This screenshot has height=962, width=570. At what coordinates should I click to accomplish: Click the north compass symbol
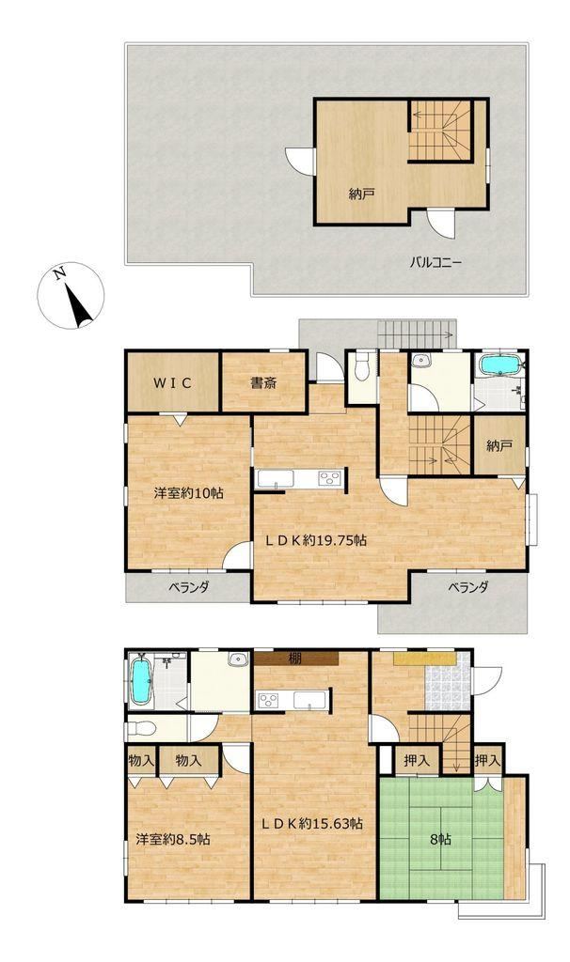71,296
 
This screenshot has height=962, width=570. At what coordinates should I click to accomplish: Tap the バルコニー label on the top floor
436,264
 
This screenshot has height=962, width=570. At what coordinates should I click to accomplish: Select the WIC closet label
172,383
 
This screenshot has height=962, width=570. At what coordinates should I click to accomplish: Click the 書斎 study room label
263,383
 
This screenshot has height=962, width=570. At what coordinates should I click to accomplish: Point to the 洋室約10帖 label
188,492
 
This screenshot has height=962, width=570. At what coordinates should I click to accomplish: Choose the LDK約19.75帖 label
316,540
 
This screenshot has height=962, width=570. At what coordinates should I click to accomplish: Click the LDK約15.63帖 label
311,823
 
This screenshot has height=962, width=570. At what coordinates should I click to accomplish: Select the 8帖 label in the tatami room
440,840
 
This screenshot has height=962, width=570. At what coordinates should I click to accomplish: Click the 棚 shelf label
295,659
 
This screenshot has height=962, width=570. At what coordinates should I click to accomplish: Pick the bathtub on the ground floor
141,682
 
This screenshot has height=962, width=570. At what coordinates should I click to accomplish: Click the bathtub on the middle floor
499,365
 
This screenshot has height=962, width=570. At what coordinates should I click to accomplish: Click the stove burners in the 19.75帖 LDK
328,478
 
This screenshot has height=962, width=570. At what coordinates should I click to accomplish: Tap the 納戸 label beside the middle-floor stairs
499,446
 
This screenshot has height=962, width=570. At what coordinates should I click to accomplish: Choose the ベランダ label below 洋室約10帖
189,587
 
